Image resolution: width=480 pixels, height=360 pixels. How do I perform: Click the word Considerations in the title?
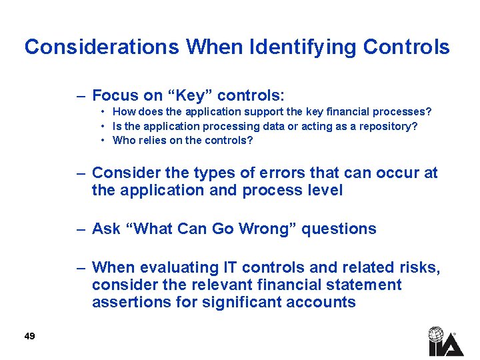click(x=102, y=47)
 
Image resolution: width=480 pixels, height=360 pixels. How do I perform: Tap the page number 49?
click(x=29, y=336)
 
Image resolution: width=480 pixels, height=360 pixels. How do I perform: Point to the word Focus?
click(x=115, y=95)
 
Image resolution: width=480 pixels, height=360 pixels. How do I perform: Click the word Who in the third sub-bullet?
click(x=123, y=140)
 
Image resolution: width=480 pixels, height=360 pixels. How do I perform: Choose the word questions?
click(x=339, y=229)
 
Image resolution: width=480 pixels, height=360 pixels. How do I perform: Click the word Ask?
click(x=106, y=229)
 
